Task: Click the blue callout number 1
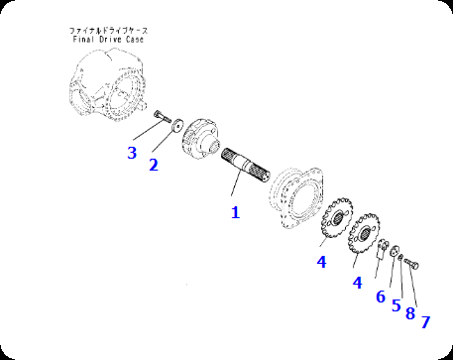(235, 212)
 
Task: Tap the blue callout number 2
(154, 165)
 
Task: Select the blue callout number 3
(132, 153)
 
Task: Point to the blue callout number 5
(396, 305)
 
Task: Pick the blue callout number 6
(381, 297)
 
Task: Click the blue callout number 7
(425, 322)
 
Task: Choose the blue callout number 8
(410, 313)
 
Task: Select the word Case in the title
(135, 40)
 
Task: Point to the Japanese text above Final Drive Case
(109, 31)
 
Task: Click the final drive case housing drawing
(107, 84)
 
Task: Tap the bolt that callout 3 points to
(162, 116)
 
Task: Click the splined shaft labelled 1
(246, 165)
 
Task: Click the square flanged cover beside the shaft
(296, 197)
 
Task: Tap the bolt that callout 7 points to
(411, 264)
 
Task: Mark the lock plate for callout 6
(383, 248)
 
